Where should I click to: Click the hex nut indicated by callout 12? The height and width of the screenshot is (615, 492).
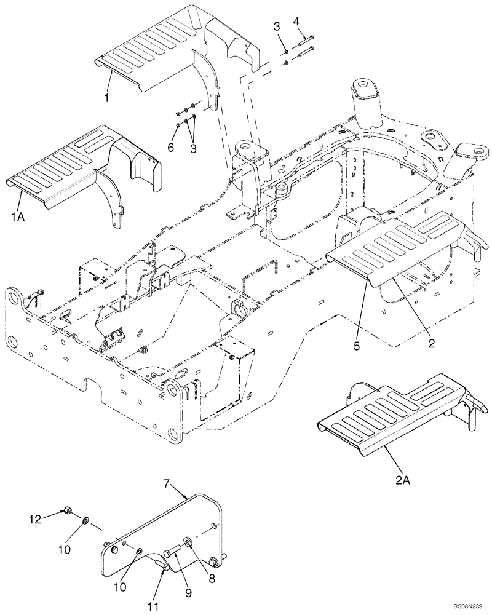click(x=68, y=510)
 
